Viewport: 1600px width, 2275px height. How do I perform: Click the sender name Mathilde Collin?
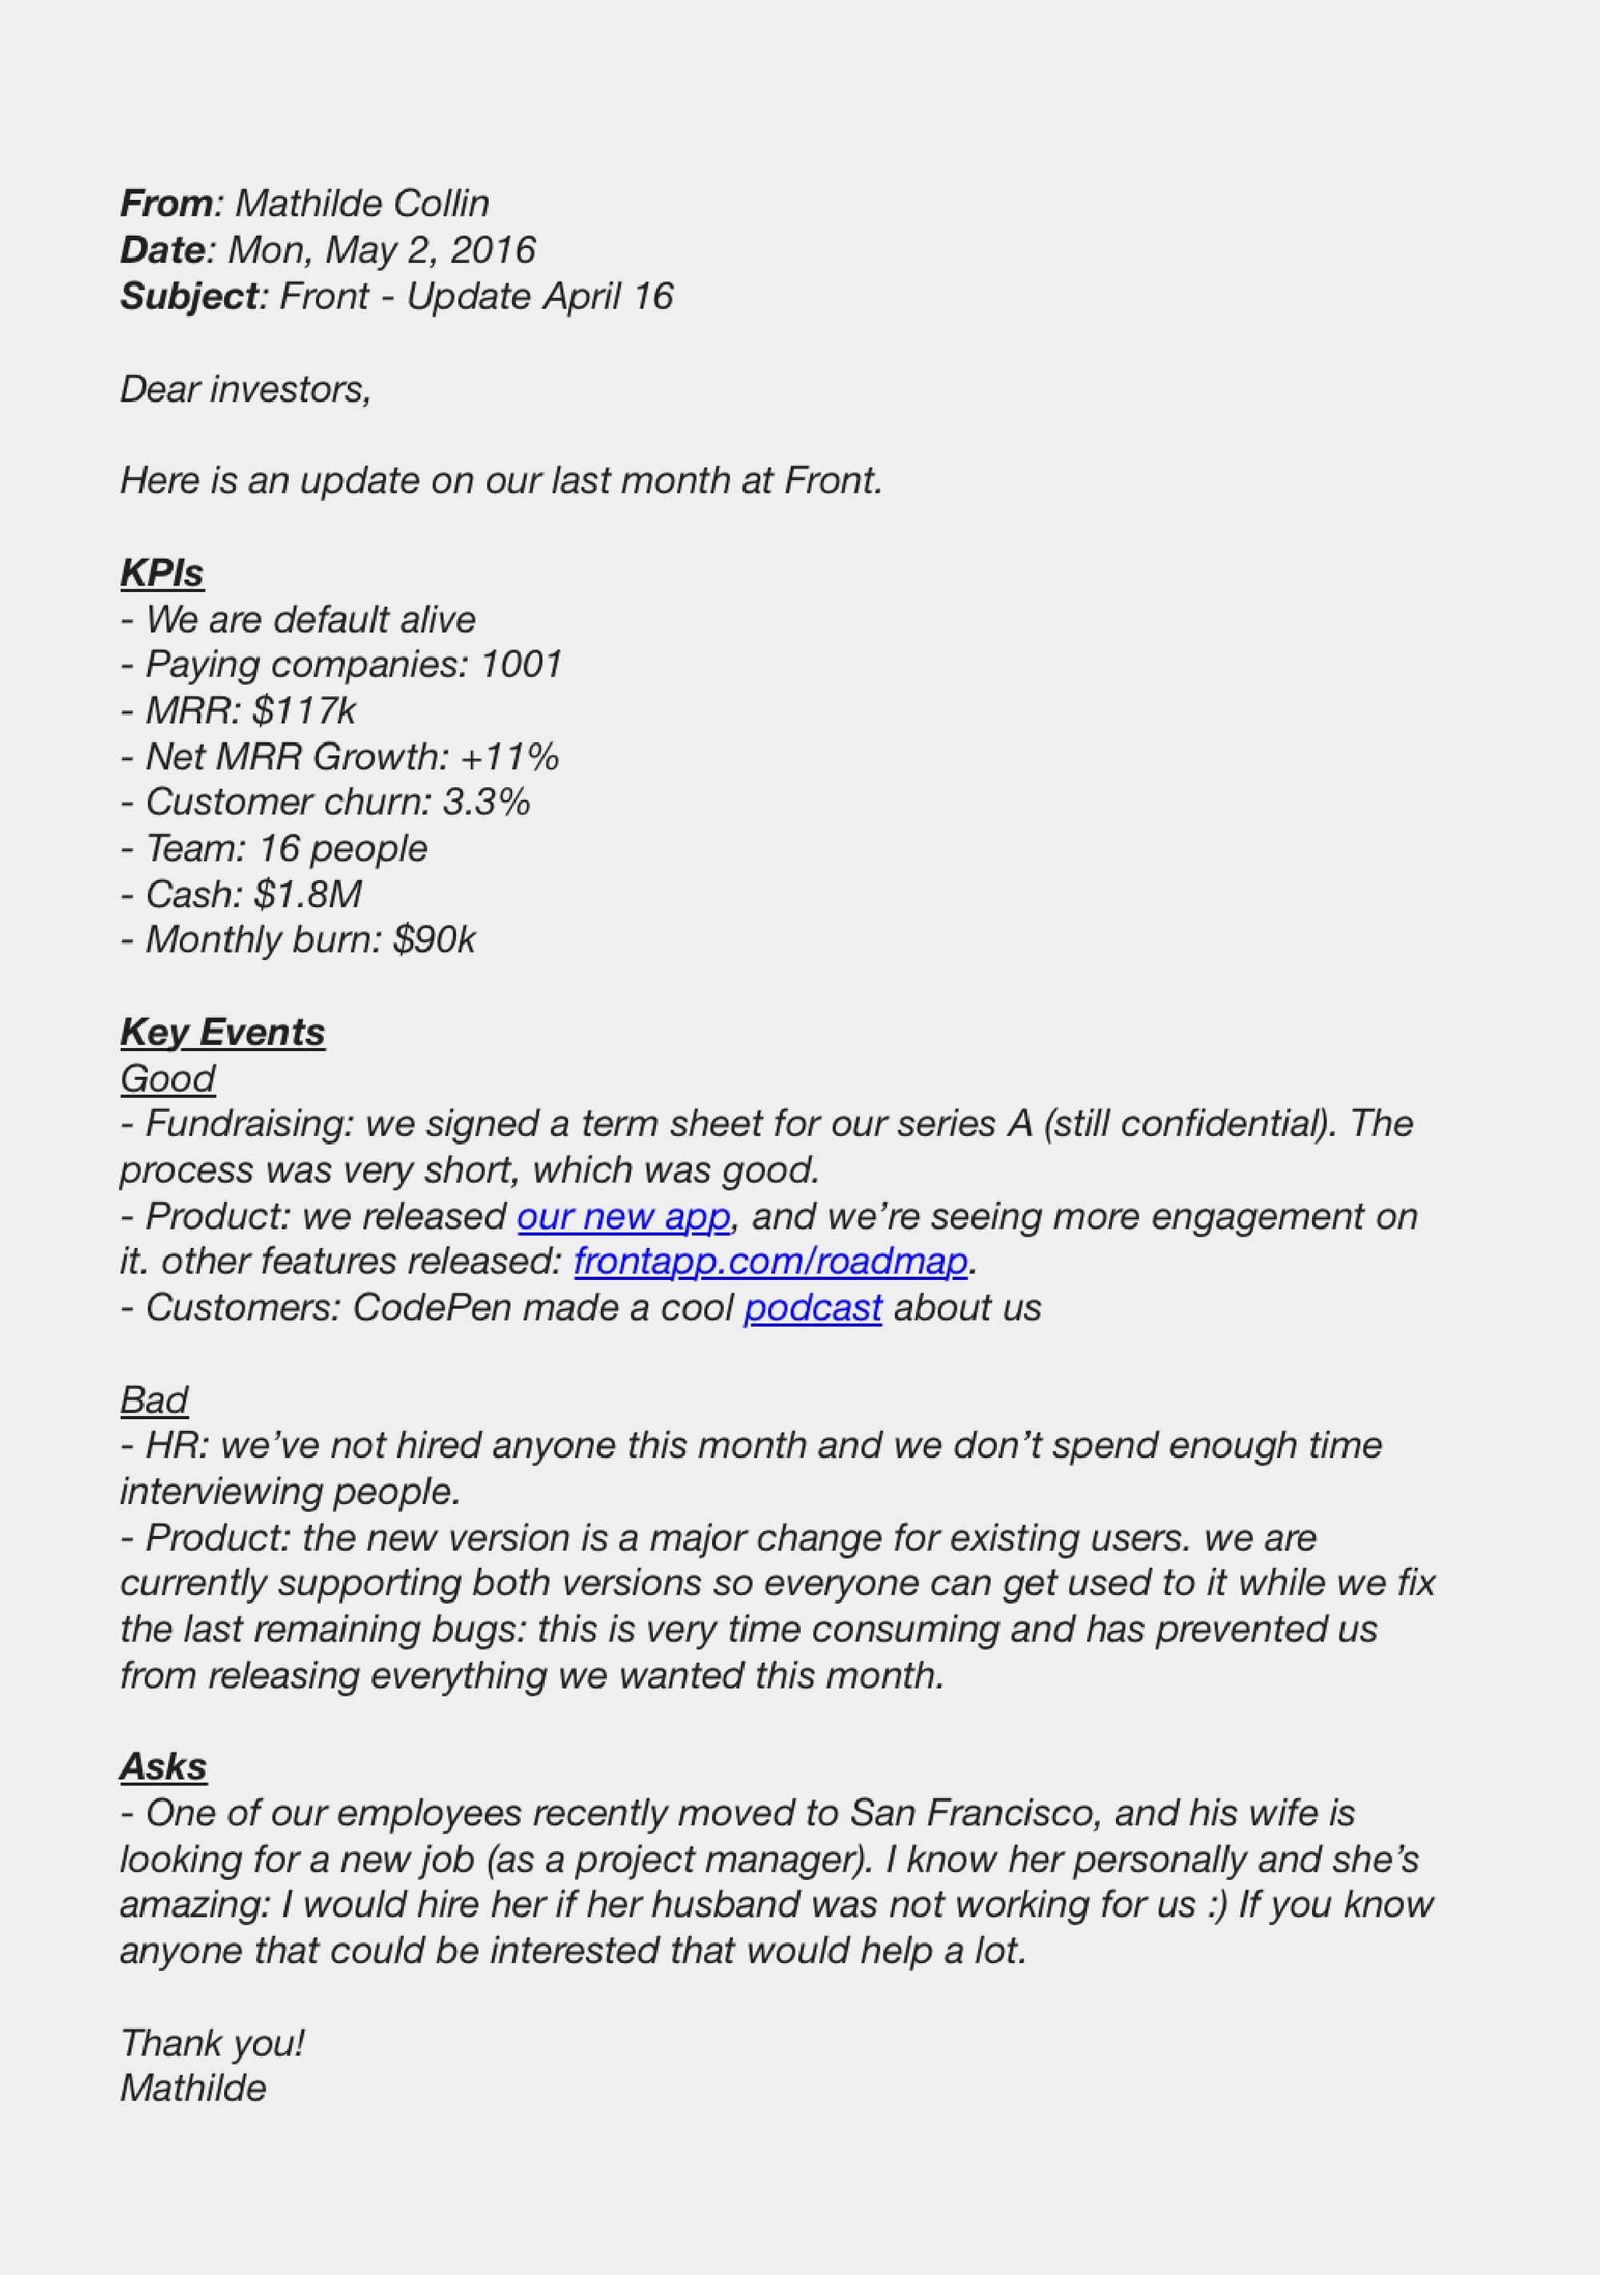362,204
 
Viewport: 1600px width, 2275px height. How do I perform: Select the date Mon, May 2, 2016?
382,250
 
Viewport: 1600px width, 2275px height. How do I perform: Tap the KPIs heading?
162,574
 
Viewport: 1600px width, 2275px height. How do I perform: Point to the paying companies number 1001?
521,665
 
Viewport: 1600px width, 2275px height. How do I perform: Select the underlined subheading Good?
167,1079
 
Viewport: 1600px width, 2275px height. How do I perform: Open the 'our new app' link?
624,1217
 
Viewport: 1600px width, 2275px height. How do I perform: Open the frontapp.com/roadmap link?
770,1262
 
